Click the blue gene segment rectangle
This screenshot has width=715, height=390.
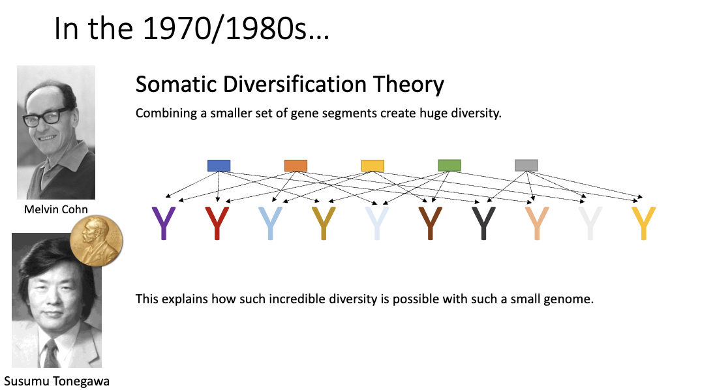click(x=219, y=166)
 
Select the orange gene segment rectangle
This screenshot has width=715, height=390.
click(x=296, y=166)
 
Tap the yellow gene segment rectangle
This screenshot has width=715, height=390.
click(x=373, y=166)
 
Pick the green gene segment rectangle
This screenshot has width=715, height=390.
click(x=449, y=166)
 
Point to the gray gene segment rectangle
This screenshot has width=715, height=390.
click(x=526, y=166)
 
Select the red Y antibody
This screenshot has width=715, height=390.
click(x=217, y=223)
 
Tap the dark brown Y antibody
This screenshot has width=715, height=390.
click(x=430, y=223)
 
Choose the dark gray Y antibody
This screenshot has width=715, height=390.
click(x=483, y=223)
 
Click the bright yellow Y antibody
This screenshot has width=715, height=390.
click(x=643, y=223)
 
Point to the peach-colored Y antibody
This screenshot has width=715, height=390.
click(x=537, y=223)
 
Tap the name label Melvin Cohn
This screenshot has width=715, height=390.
click(x=56, y=209)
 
